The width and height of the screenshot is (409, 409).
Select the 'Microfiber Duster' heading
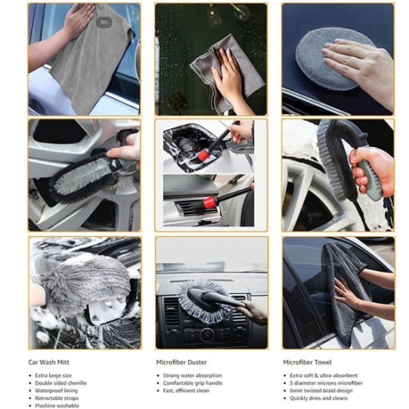click(182, 362)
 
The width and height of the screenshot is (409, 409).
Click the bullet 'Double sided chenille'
click(61, 383)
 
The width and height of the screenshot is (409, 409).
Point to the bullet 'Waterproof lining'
click(58, 390)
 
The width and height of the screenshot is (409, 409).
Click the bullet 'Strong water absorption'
click(192, 375)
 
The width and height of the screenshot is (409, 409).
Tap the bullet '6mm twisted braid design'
click(321, 390)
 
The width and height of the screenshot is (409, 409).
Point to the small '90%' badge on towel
click(104, 22)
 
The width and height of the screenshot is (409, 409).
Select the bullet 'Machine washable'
click(57, 405)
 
